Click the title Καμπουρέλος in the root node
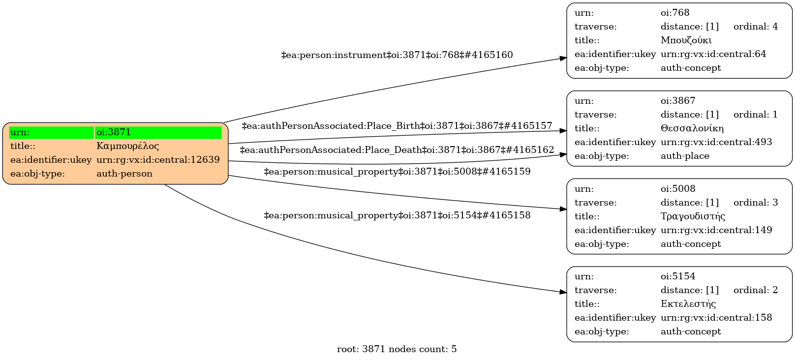point(127,146)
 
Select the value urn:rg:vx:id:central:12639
point(158,160)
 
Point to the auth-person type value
point(124,174)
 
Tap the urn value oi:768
point(675,13)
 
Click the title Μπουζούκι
point(686,40)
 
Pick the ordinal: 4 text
point(756,27)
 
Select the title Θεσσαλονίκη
point(692,128)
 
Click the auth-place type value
point(685,156)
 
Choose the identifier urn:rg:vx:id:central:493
point(716,142)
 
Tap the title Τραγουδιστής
point(693,216)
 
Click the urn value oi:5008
point(678,189)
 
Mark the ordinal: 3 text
point(756,203)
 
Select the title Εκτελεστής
point(688,304)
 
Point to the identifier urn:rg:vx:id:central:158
point(716,318)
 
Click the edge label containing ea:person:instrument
point(397,55)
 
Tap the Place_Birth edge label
point(397,126)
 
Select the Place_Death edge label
point(397,150)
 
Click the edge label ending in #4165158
point(397,215)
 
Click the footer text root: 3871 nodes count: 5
point(397,349)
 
